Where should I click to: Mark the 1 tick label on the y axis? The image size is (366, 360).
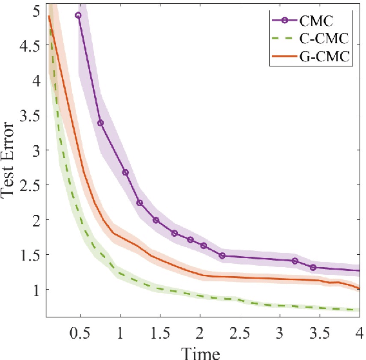[37, 290]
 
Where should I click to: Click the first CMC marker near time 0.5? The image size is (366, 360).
[78, 15]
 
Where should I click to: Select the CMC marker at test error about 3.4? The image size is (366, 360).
[101, 123]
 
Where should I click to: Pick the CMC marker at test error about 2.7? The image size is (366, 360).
[126, 172]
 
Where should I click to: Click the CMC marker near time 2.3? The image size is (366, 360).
[222, 255]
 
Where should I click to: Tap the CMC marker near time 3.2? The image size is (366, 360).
[295, 261]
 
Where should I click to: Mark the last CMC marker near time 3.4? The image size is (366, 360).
[313, 267]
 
